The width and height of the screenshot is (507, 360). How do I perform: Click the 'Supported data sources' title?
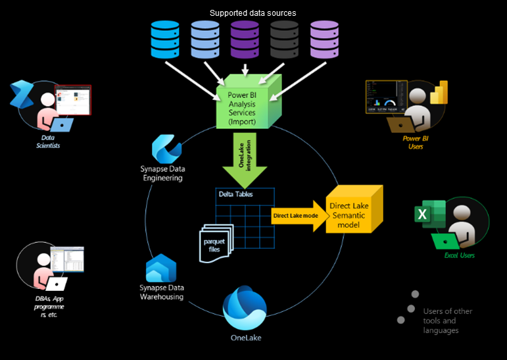point(253,13)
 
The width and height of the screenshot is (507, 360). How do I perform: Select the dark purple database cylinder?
point(245,40)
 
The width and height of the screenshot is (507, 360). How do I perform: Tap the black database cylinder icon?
point(285,40)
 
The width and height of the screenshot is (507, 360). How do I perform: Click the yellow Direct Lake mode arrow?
point(298,215)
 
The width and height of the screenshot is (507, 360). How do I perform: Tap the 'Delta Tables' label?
point(235,195)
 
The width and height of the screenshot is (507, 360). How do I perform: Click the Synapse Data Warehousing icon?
point(161,269)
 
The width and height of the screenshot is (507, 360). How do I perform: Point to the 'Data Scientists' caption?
point(47,141)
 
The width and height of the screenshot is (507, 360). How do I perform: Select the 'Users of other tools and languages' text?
point(447,321)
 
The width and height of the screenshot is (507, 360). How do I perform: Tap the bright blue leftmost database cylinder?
point(165,40)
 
